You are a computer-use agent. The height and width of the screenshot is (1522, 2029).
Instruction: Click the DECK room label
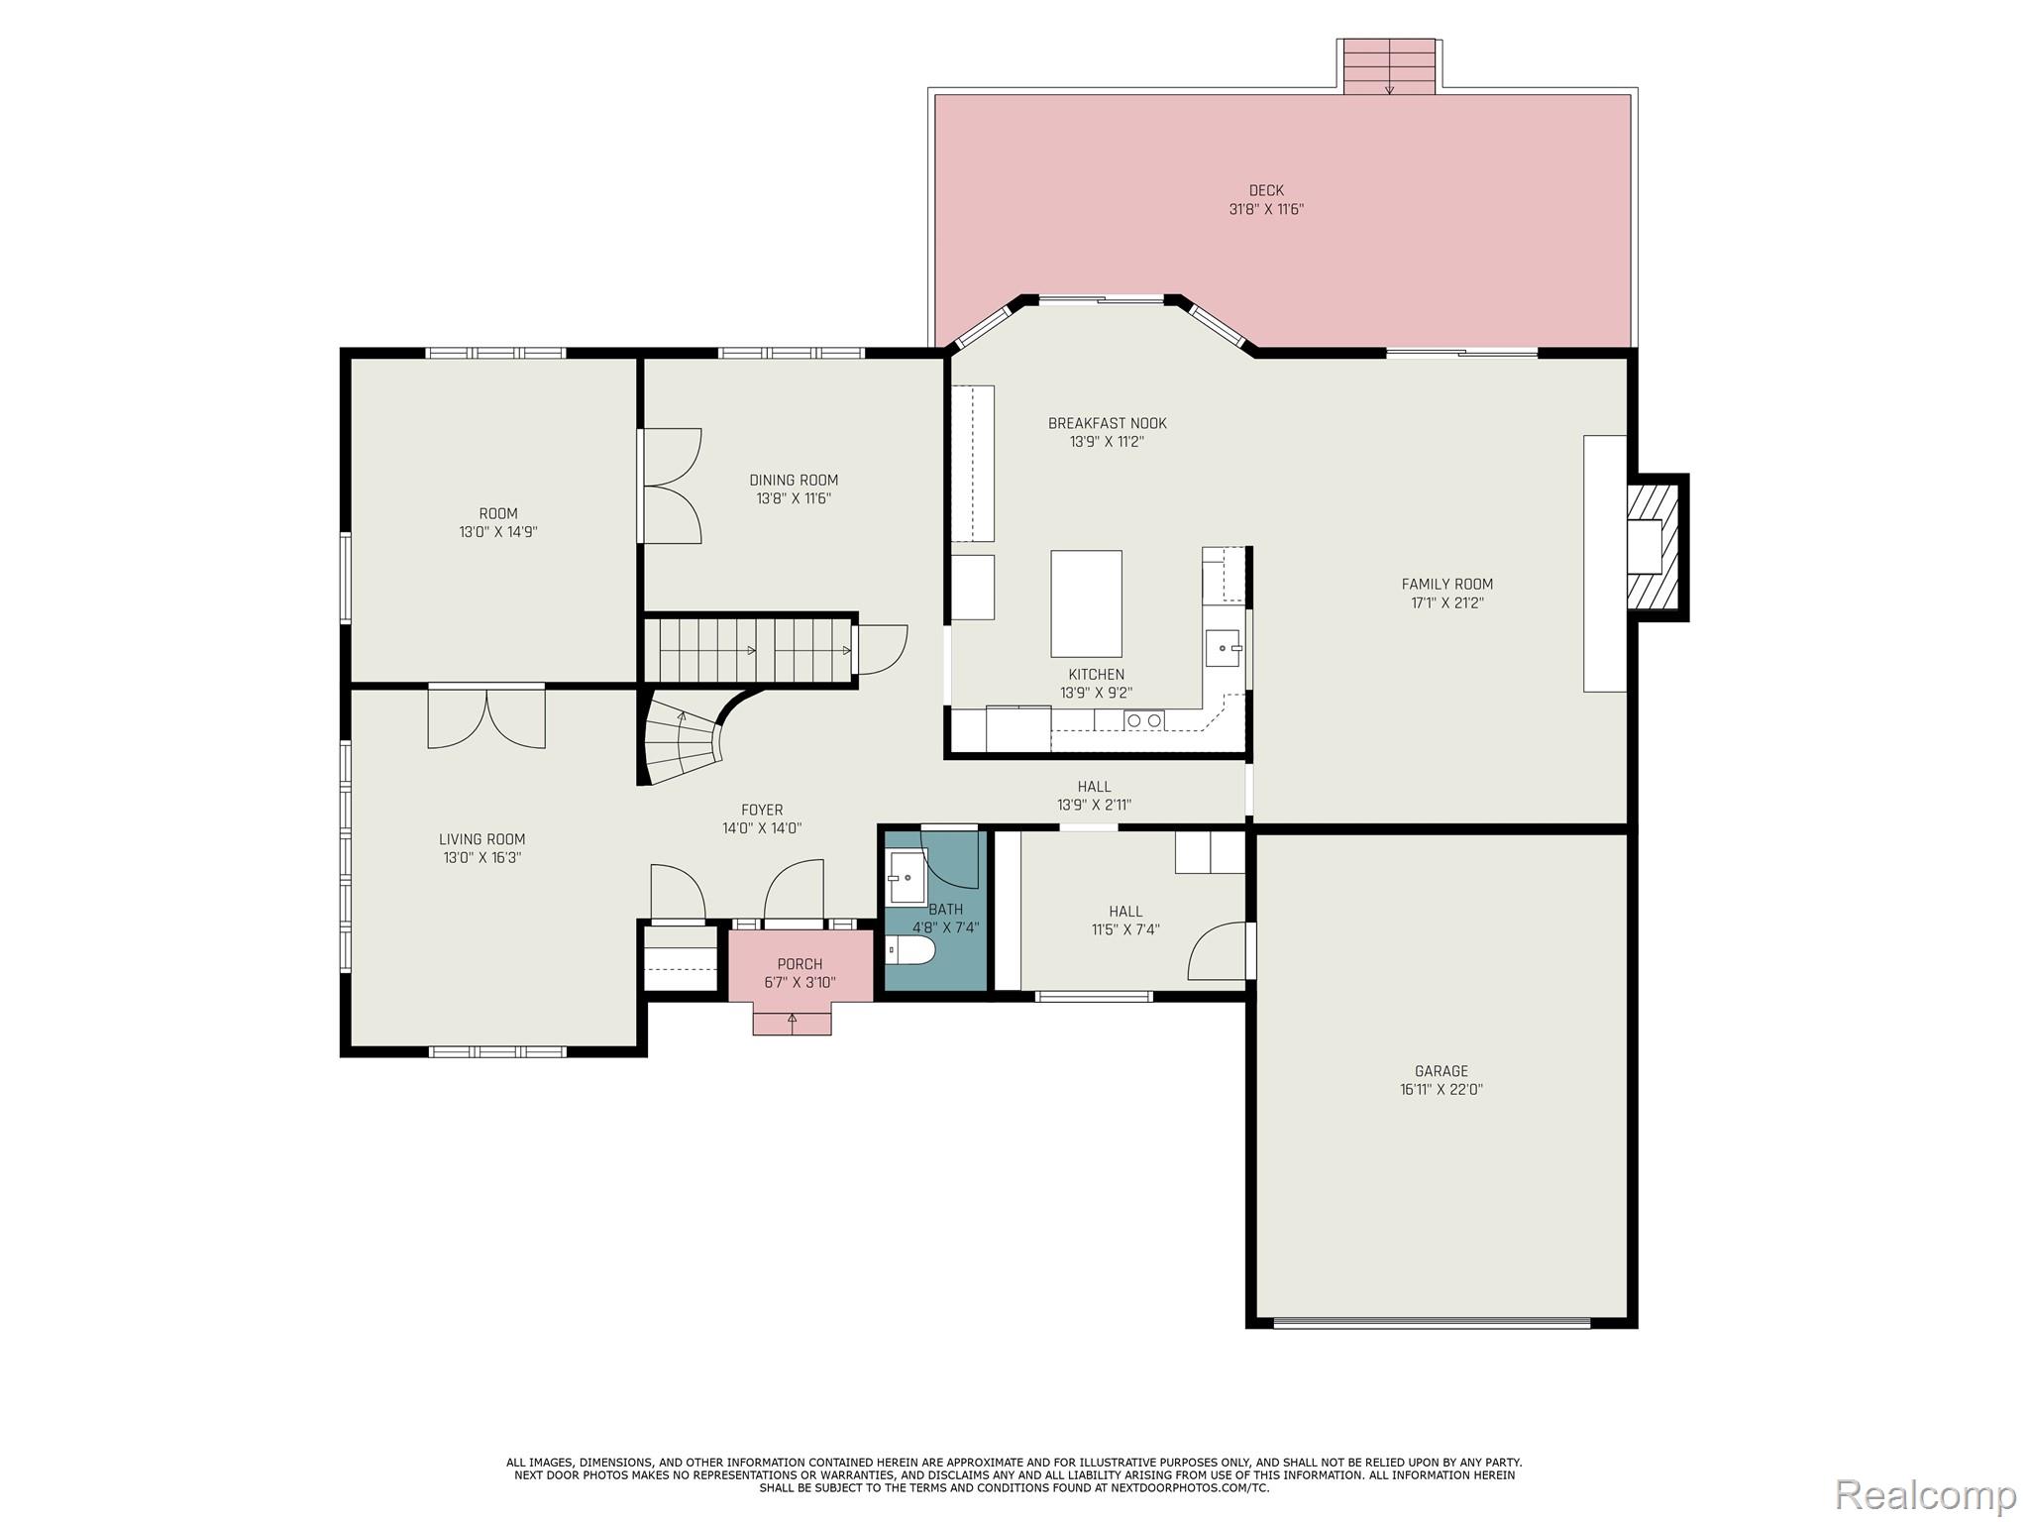[1265, 190]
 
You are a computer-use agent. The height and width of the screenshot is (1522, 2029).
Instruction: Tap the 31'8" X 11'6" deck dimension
[1265, 210]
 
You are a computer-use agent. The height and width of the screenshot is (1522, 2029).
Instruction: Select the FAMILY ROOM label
[1446, 584]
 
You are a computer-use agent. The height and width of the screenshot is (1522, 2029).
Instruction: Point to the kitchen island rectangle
[1086, 603]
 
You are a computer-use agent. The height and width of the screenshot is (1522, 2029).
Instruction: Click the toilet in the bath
[910, 950]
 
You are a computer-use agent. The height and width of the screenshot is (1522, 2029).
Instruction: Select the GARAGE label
[1441, 1071]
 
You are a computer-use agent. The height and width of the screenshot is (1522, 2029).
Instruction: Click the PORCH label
[800, 964]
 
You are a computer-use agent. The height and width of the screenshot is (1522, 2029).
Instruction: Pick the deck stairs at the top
[1389, 66]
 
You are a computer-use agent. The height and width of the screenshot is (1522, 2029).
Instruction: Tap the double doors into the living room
[486, 717]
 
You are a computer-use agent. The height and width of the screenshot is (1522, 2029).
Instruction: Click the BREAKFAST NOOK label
[1107, 423]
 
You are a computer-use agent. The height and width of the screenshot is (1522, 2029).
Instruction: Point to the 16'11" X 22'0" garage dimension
[1441, 1090]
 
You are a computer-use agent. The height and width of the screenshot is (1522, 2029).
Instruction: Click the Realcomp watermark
[1925, 1494]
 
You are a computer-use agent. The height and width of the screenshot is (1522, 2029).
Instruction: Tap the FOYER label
[761, 810]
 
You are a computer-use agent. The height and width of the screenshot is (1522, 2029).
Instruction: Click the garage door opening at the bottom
[1432, 1322]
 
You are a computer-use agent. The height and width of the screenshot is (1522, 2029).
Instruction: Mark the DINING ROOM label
[793, 480]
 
